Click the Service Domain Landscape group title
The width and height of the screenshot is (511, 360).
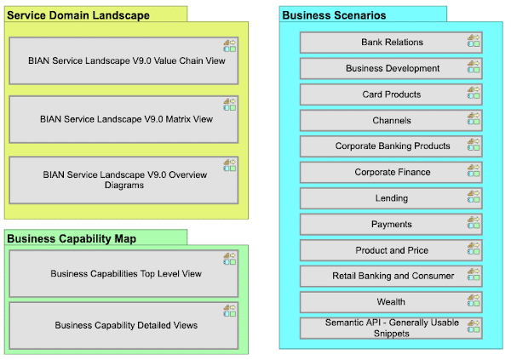click(x=79, y=15)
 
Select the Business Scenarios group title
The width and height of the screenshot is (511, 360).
click(x=334, y=15)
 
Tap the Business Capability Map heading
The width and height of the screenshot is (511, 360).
click(x=72, y=238)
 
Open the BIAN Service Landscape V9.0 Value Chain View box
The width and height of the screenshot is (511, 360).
click(x=123, y=60)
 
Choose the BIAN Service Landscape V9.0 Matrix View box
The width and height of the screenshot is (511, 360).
click(x=123, y=119)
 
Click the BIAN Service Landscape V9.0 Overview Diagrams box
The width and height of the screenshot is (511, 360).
click(x=123, y=180)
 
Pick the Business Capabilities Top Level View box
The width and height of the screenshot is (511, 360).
click(x=123, y=273)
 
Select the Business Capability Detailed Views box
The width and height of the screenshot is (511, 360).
click(x=123, y=325)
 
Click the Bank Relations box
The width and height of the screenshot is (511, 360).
click(x=391, y=43)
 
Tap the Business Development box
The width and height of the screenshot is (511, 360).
click(x=391, y=68)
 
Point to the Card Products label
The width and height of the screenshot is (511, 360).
click(x=392, y=94)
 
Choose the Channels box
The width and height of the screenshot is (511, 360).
click(x=391, y=120)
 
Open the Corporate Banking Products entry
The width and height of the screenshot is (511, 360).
click(x=391, y=146)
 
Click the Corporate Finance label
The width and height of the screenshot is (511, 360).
click(x=393, y=173)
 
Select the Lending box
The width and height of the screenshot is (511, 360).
click(x=391, y=198)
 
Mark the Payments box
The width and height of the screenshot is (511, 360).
click(x=391, y=225)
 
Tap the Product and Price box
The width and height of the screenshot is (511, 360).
click(x=391, y=250)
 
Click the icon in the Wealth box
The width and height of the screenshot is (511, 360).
click(x=474, y=300)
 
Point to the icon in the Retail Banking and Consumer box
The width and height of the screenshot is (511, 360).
click(x=474, y=274)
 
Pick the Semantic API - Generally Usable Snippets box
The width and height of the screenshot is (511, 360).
click(x=391, y=328)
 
